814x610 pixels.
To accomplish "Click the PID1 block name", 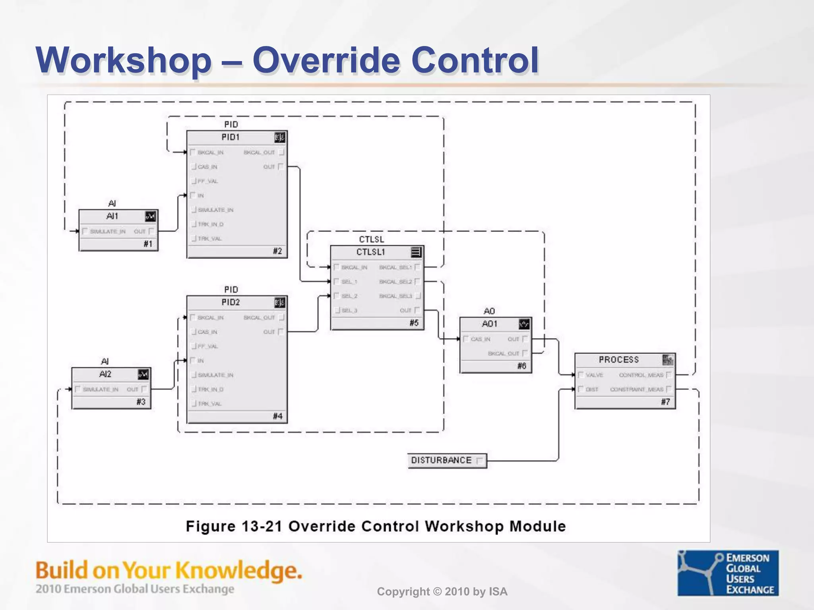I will pyautogui.click(x=231, y=137).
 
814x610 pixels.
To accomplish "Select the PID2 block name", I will pyautogui.click(x=231, y=303).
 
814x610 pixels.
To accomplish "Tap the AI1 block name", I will pyautogui.click(x=112, y=216).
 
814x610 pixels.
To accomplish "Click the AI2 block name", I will pyautogui.click(x=105, y=374).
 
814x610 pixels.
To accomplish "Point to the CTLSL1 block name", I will pyautogui.click(x=370, y=252).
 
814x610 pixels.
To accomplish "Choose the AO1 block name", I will pyautogui.click(x=489, y=324).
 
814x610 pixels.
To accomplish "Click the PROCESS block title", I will pyautogui.click(x=618, y=360).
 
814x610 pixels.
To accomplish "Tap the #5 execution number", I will pyautogui.click(x=414, y=323).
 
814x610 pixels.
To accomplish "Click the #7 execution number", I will pyautogui.click(x=665, y=402).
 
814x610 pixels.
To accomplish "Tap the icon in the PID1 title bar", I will pyautogui.click(x=279, y=137).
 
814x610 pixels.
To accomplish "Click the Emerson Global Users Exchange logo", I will pyautogui.click(x=728, y=573).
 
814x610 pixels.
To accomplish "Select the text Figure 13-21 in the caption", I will pyautogui.click(x=234, y=527).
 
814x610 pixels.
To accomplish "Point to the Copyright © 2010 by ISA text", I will pyautogui.click(x=442, y=592).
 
